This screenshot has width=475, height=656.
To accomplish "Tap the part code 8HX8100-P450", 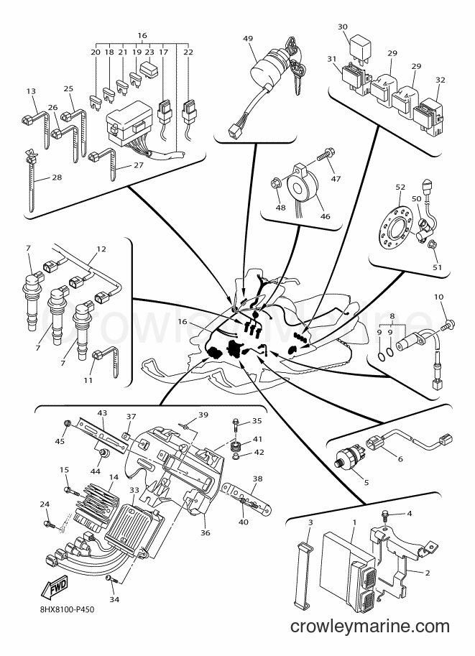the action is (64, 609).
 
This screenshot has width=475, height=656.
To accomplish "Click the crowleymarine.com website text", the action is (369, 627).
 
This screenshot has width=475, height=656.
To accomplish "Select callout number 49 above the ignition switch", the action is (248, 39).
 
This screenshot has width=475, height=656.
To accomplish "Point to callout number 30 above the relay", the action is (342, 27).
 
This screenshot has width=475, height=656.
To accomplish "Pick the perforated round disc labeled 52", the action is (395, 224).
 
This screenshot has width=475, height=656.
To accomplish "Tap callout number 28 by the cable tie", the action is (57, 177).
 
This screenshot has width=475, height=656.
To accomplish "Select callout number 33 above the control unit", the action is (134, 489).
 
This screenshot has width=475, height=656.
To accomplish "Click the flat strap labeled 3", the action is (304, 570).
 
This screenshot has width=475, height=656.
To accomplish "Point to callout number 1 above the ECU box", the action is (354, 522).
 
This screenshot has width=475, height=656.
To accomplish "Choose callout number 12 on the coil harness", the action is (101, 249).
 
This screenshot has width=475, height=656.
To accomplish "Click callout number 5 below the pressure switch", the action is (366, 482).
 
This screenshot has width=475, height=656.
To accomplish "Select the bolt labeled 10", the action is (436, 323).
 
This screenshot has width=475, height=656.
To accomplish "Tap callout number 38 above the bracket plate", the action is (258, 479).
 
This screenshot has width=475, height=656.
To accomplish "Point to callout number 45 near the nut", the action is (60, 441).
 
